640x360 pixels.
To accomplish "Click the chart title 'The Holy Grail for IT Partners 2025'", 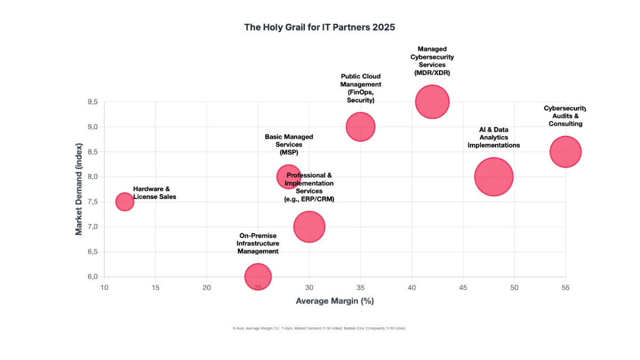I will (x=319, y=27).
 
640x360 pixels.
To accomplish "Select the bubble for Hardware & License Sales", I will (x=124, y=202).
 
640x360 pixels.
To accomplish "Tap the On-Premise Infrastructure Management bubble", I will (x=258, y=277).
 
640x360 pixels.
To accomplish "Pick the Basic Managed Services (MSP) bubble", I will (x=289, y=177).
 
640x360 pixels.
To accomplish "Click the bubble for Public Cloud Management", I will (x=361, y=127).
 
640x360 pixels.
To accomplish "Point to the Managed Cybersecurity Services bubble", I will (x=433, y=102).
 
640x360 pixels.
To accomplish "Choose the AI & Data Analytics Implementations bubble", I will (x=494, y=177).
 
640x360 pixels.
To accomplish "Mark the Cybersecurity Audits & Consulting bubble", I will (x=565, y=152).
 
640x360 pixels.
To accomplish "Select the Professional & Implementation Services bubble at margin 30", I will (x=309, y=227).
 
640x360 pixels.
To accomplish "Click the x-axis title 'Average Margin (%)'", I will (x=334, y=301).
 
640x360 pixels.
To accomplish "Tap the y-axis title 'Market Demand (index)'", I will (x=79, y=189).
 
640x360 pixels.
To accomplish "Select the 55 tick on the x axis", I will (x=565, y=287).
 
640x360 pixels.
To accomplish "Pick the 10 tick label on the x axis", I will (x=104, y=287).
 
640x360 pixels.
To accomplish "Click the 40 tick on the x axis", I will (x=412, y=287).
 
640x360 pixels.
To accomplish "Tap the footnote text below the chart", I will (x=319, y=329).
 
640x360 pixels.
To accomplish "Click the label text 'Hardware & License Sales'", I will (x=154, y=193).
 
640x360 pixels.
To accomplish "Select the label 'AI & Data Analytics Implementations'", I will (x=493, y=137).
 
